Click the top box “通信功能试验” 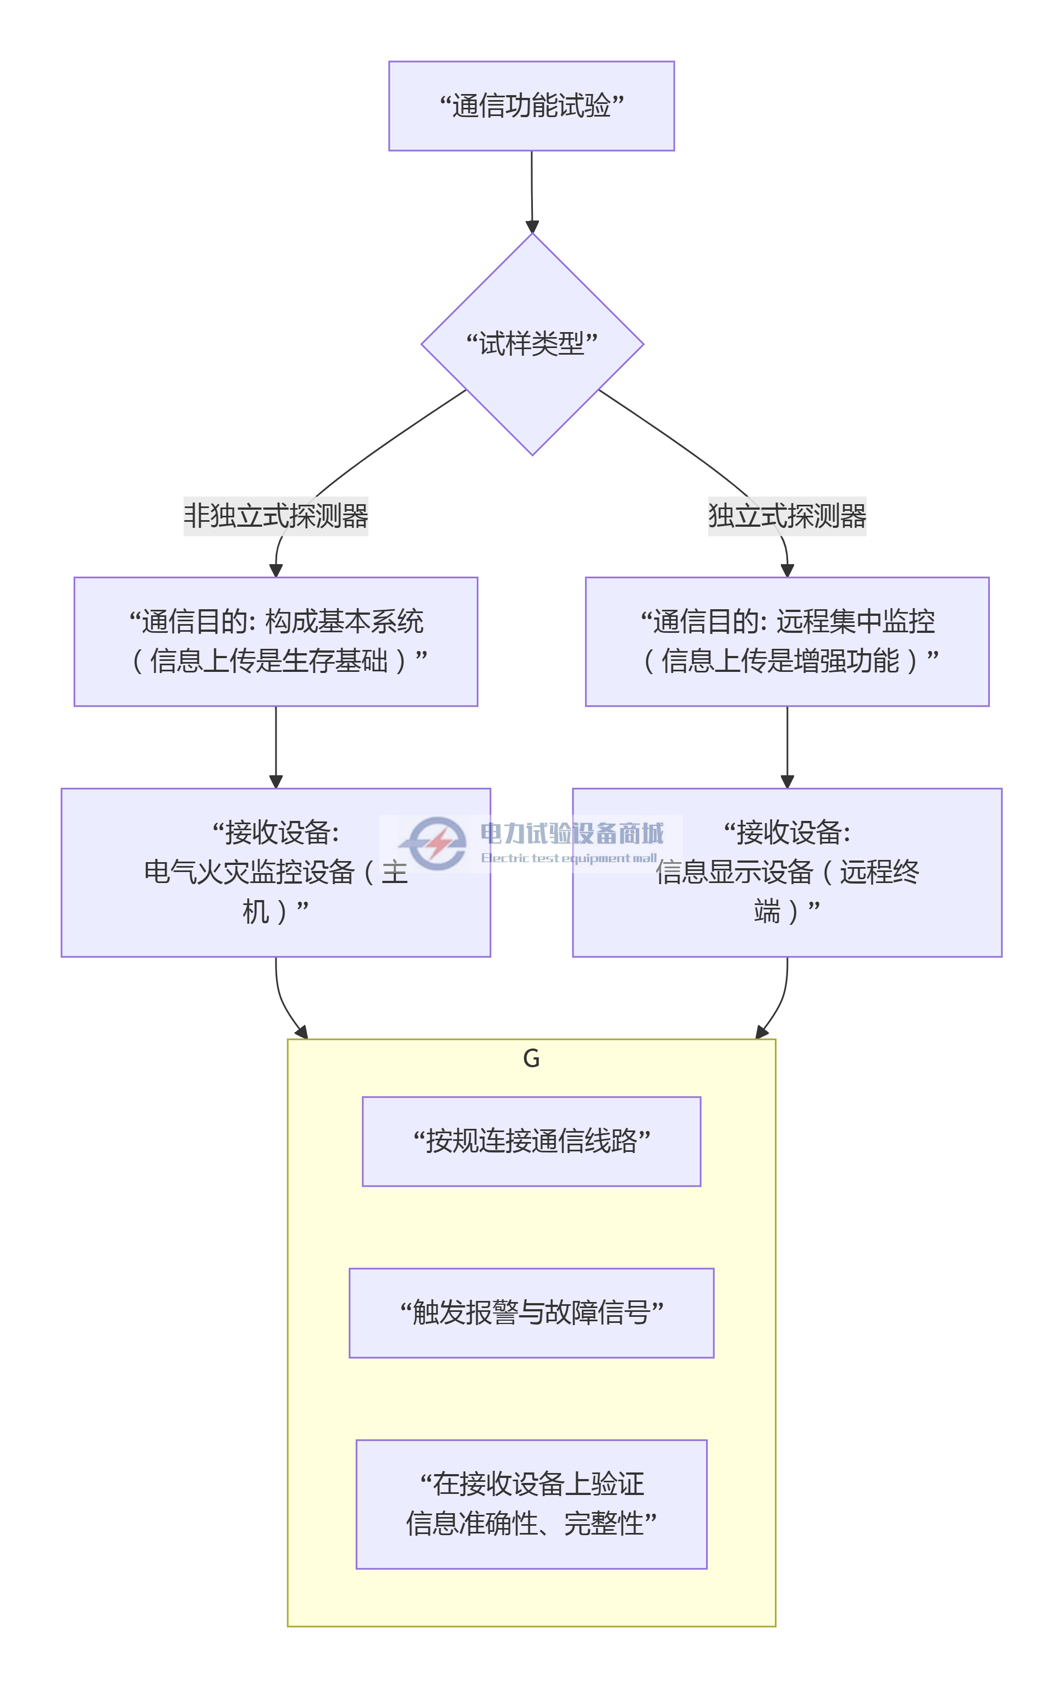point(531,106)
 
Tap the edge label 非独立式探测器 point(276,516)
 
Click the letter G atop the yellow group point(531,1058)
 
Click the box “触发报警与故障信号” point(531,1312)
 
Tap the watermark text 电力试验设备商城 point(571,833)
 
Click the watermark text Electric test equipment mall point(568,857)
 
